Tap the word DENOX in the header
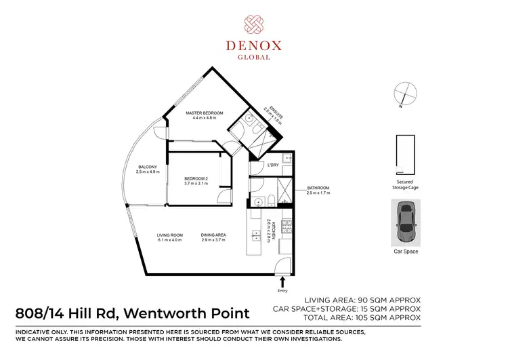[x=255, y=46]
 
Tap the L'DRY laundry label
[x=274, y=165]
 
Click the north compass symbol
[x=405, y=94]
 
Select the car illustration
[x=406, y=223]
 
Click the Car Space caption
[x=406, y=252]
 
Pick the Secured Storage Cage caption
[x=405, y=185]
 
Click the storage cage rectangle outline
[x=405, y=154]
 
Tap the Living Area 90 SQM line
[x=364, y=300]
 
